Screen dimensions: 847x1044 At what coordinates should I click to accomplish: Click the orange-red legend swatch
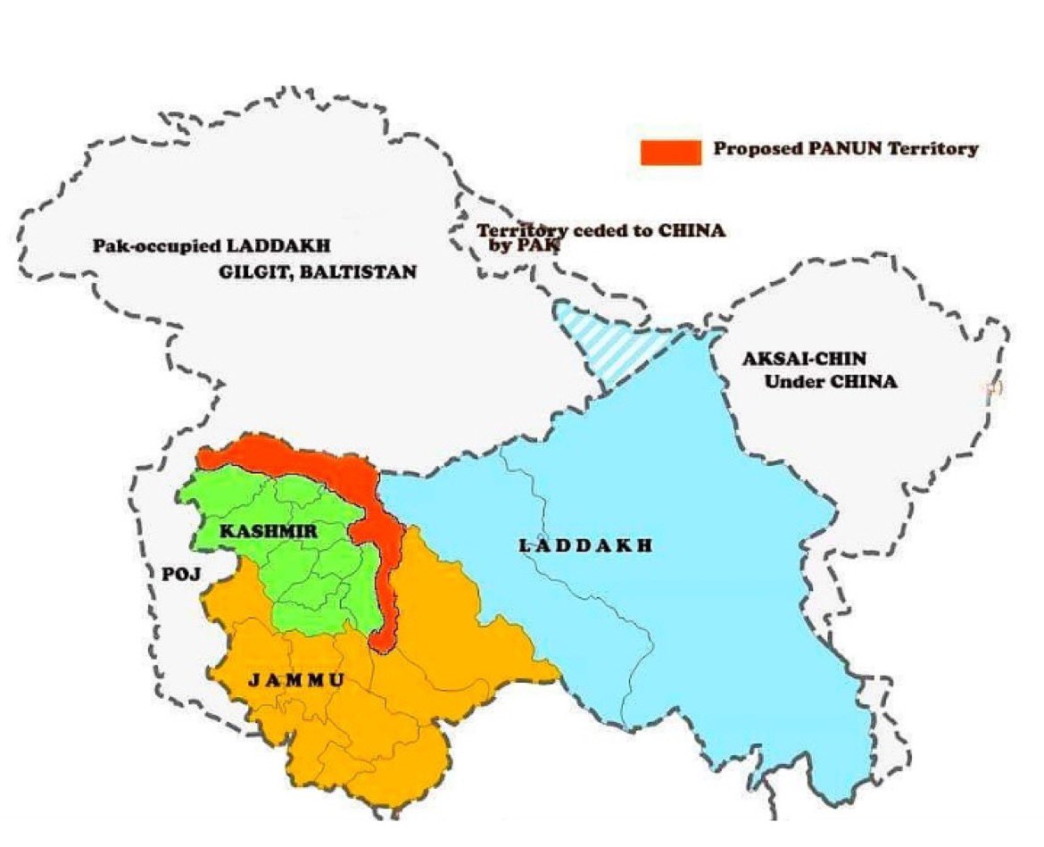pyautogui.click(x=668, y=152)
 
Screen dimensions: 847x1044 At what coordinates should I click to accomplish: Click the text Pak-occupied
pyautogui.click(x=143, y=245)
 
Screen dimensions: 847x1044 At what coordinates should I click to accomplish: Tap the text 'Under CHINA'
pyautogui.click(x=831, y=383)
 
